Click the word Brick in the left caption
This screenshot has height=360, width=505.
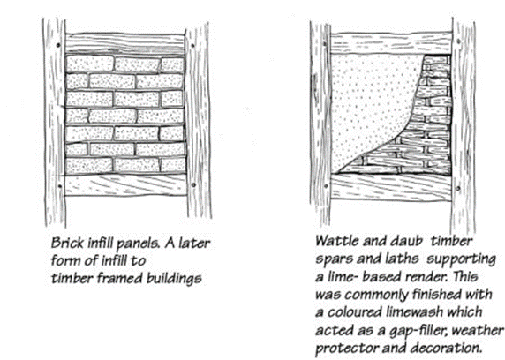pyautogui.click(x=67, y=244)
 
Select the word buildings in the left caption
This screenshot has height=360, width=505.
pyautogui.click(x=174, y=279)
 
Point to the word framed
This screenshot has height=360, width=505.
pyautogui.click(x=120, y=278)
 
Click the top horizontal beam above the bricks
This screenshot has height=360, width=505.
pyautogui.click(x=125, y=43)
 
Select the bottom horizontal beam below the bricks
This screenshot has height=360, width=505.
pyautogui.click(x=125, y=185)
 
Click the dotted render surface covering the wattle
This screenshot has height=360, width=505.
pyautogui.click(x=367, y=103)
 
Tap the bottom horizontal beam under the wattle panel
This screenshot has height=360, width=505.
pyautogui.click(x=391, y=187)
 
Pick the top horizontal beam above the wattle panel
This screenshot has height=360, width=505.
pyautogui.click(x=391, y=43)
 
